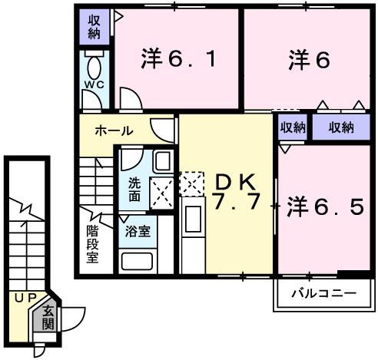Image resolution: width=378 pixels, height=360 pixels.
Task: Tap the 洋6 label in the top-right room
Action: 310,59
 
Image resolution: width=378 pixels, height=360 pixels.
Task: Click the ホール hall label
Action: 113,130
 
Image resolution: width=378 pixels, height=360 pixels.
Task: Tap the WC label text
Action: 94,83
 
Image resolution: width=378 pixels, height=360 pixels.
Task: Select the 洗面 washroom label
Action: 134,189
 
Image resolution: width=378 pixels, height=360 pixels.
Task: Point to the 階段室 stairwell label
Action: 91,243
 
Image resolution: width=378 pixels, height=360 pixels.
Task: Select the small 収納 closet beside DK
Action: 293,127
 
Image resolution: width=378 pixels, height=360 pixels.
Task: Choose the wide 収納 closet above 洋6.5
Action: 341,127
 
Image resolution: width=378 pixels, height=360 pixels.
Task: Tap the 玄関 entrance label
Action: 47,318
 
